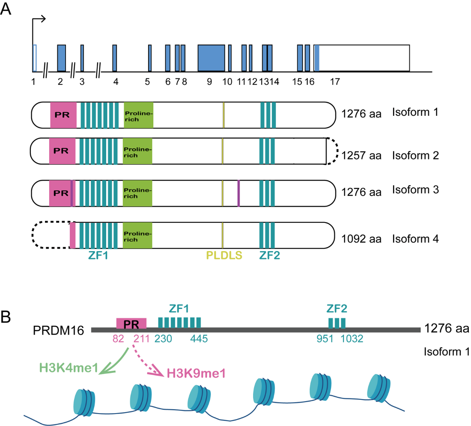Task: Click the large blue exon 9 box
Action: point(211,58)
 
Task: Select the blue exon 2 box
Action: point(62,58)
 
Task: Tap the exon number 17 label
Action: point(334,83)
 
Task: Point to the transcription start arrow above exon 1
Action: point(39,19)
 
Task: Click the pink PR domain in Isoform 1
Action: point(63,115)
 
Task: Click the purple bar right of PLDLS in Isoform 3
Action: point(238,193)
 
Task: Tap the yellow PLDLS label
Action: point(224,255)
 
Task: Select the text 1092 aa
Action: point(361,238)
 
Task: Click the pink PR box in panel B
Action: point(131,322)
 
